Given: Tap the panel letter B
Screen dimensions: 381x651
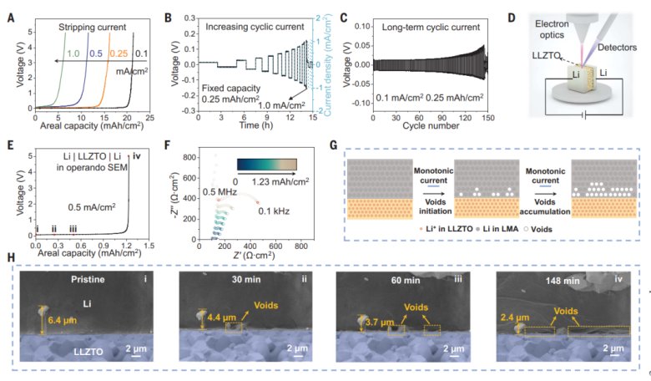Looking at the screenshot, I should click(x=190, y=15).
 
